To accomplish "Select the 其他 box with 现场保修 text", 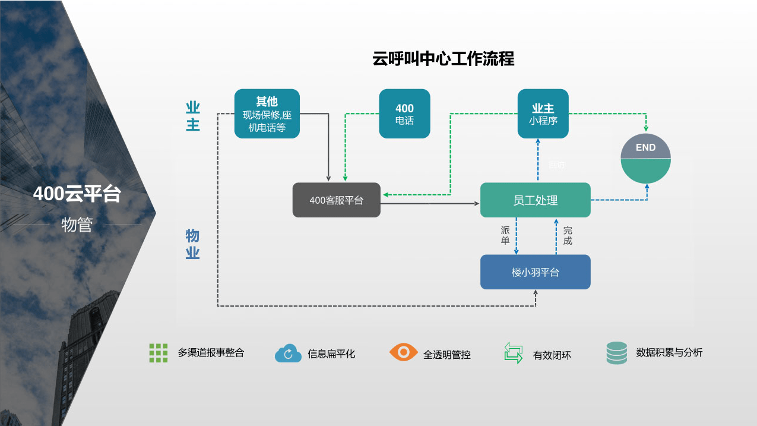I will (x=267, y=114).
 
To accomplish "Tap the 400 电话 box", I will (x=404, y=114).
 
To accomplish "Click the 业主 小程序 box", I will (x=543, y=114).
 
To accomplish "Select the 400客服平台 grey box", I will (x=336, y=200).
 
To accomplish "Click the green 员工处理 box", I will (x=535, y=200).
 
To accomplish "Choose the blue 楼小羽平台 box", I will (x=535, y=272).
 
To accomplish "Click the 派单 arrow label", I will (x=505, y=235).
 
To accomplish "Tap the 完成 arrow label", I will (x=568, y=235).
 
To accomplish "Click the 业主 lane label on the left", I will (x=193, y=116).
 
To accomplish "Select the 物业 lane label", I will (x=192, y=244).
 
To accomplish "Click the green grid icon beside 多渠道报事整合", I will (x=159, y=353).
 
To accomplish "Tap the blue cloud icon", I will (x=289, y=354).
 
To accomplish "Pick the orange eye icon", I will (x=404, y=352).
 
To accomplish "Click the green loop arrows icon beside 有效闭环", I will (x=513, y=353).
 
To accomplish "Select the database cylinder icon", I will (x=617, y=353).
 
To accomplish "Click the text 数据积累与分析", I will (x=669, y=352).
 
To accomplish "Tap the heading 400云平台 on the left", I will (x=77, y=194).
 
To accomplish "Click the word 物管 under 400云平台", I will (x=77, y=225).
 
